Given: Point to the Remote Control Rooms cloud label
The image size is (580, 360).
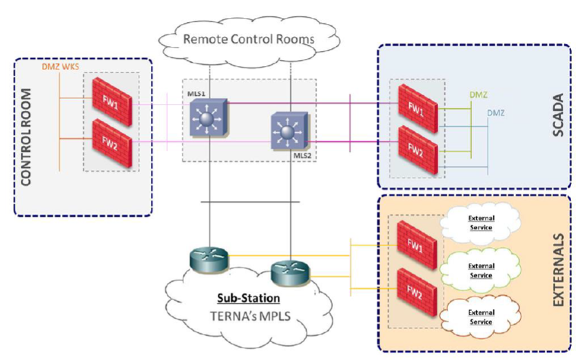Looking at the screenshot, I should coord(248,39).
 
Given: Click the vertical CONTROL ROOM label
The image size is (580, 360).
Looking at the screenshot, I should coord(29,136).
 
